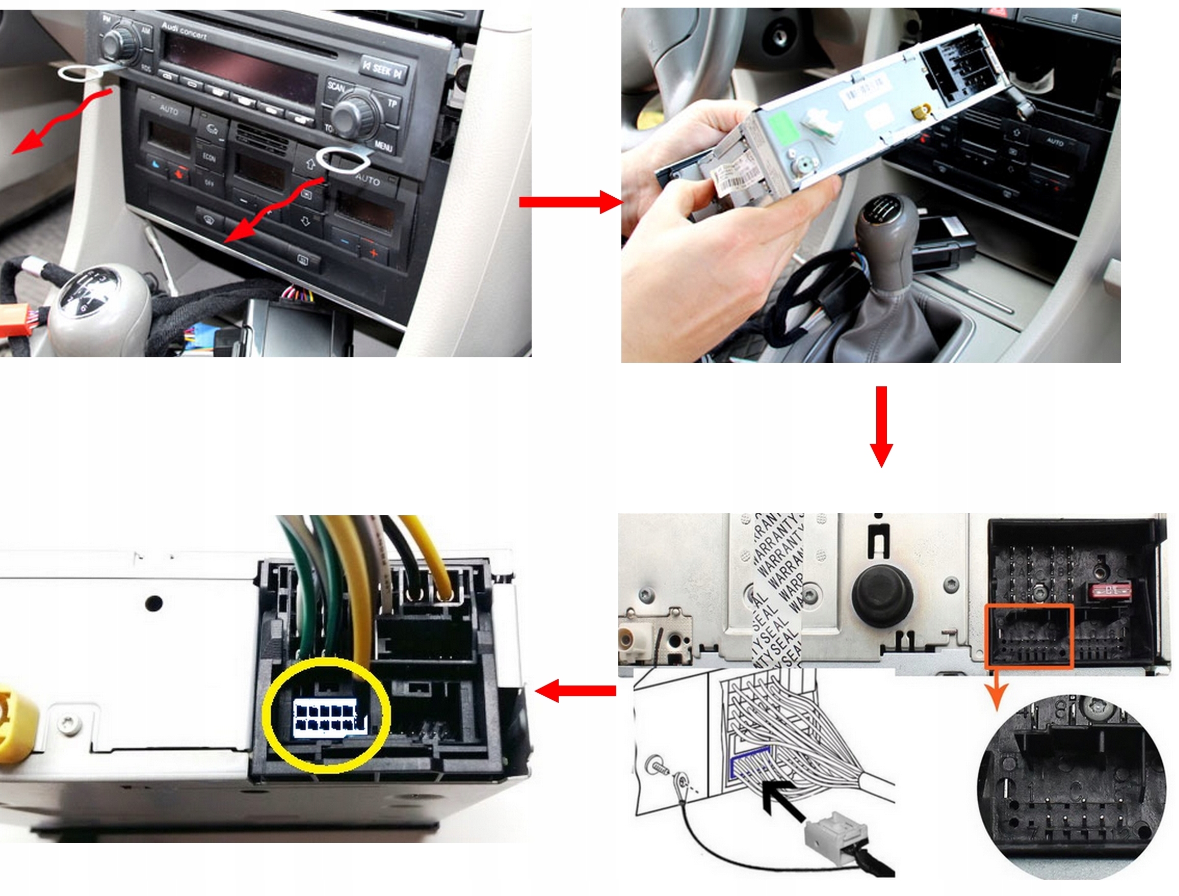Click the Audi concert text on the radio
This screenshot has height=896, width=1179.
tap(184, 31)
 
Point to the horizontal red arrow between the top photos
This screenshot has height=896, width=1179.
tap(570, 202)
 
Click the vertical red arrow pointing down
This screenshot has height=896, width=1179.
tap(881, 426)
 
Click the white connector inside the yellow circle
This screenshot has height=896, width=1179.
tap(330, 717)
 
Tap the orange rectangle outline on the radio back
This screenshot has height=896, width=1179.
tap(1028, 636)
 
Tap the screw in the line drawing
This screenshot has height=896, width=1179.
tap(659, 768)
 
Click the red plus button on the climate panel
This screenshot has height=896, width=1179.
tap(373, 253)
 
